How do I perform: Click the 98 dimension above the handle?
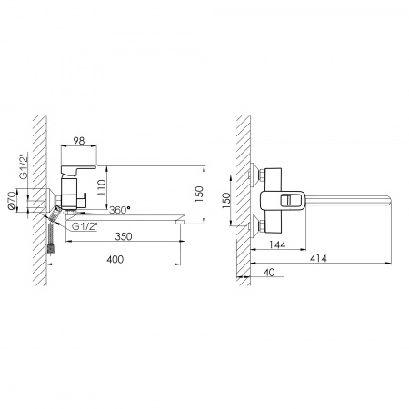pyautogui.click(x=79, y=141)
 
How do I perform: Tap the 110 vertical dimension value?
pyautogui.click(x=102, y=187)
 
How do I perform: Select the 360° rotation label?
pyautogui.click(x=120, y=210)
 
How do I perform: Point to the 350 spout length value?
pyautogui.click(x=124, y=236)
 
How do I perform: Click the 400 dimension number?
pyautogui.click(x=115, y=259)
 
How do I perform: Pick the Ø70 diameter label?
pyautogui.click(x=12, y=200)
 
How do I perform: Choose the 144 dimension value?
pyautogui.click(x=277, y=244)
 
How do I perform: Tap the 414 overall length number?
pyautogui.click(x=318, y=258)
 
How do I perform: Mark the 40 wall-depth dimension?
pyautogui.click(x=269, y=273)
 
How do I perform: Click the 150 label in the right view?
pyautogui.click(x=226, y=200)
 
